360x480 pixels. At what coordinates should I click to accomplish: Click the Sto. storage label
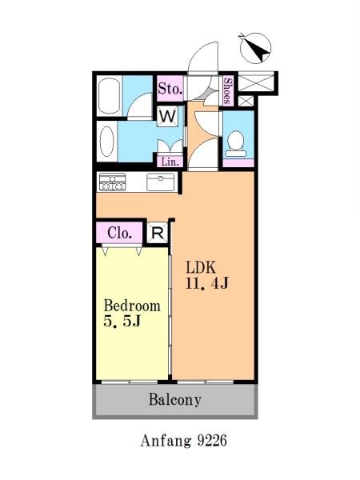pyautogui.click(x=170, y=89)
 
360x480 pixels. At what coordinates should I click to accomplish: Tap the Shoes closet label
pyautogui.click(x=227, y=90)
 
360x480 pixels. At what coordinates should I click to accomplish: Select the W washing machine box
pyautogui.click(x=167, y=116)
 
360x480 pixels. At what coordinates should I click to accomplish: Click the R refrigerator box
pyautogui.click(x=158, y=234)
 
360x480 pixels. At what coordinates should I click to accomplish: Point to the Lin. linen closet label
pyautogui.click(x=170, y=162)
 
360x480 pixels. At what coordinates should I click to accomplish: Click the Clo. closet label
pyautogui.click(x=120, y=234)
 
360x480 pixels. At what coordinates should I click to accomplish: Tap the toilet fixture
pyautogui.click(x=236, y=143)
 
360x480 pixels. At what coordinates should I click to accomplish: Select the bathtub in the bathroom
pyautogui.click(x=110, y=96)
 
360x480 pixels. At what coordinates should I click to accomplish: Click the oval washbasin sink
pyautogui.click(x=107, y=142)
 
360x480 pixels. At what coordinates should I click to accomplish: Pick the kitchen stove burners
pyautogui.click(x=112, y=182)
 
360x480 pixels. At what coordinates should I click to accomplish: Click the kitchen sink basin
pyautogui.click(x=161, y=182)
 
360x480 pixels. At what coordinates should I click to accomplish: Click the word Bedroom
pyautogui.click(x=132, y=306)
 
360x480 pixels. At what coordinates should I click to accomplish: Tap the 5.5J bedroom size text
pyautogui.click(x=122, y=322)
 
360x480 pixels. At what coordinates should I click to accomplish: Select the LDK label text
pyautogui.click(x=201, y=267)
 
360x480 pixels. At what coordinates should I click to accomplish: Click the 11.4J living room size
pyautogui.click(x=207, y=283)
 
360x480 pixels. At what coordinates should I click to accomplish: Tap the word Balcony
pyautogui.click(x=174, y=400)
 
